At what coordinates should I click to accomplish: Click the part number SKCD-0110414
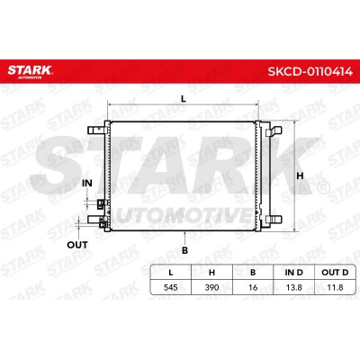[310, 71]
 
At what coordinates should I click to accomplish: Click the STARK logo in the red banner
[30, 72]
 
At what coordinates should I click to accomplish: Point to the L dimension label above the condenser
[184, 99]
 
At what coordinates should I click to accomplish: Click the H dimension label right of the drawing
[300, 175]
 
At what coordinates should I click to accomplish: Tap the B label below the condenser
[185, 250]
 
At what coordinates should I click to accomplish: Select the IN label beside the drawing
[87, 183]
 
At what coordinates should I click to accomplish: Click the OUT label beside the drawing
[77, 245]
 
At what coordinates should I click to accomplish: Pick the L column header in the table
[170, 273]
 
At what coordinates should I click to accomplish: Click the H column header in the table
[211, 273]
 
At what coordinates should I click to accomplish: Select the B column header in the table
[253, 273]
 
